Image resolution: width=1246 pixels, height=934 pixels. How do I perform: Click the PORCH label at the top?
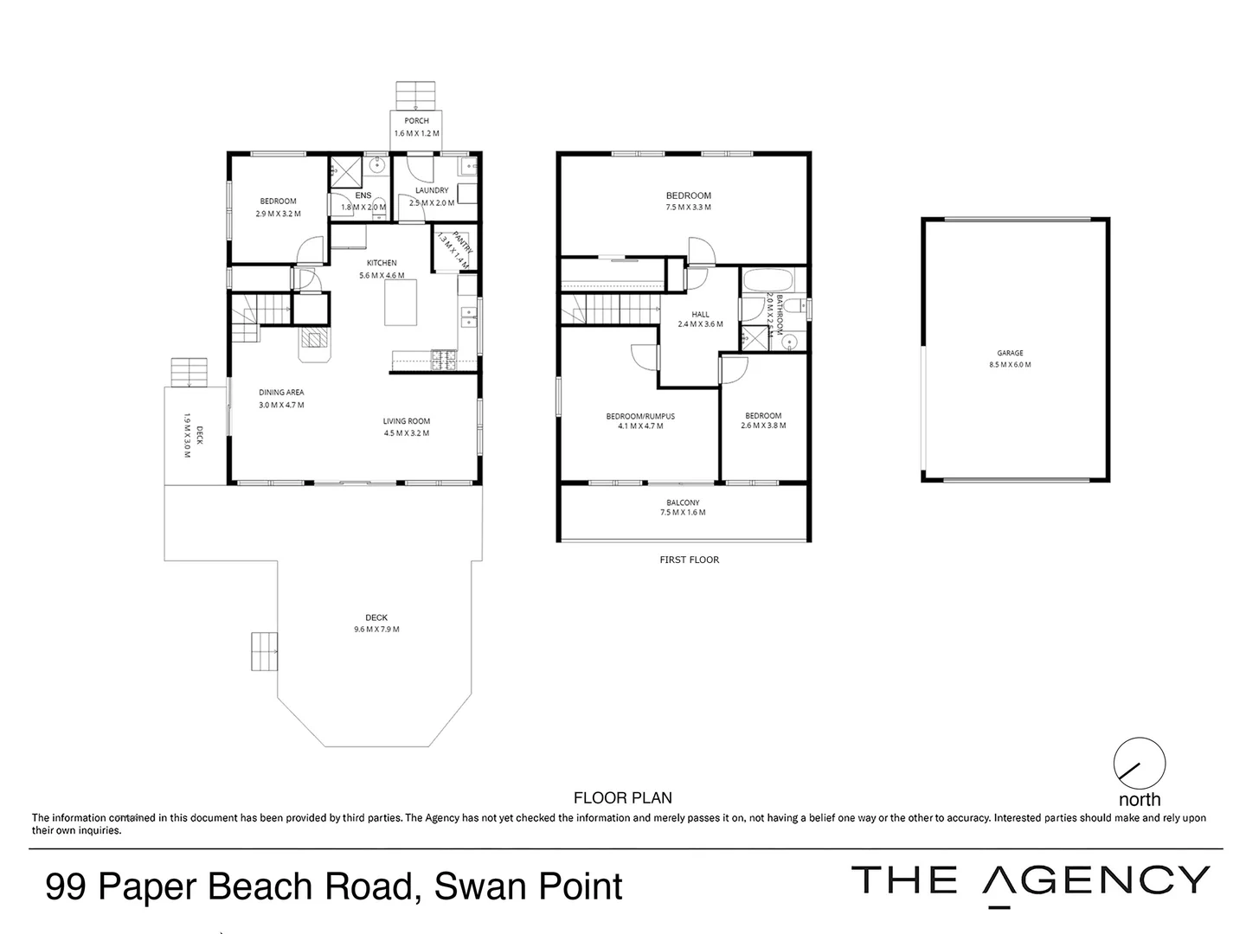point(416,121)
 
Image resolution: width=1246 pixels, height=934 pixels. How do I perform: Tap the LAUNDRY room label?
point(432,190)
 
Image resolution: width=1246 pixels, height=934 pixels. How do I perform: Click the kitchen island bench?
point(400,302)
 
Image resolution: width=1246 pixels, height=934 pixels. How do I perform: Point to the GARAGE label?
point(1010,353)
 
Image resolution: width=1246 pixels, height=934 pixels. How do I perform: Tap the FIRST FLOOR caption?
point(689,560)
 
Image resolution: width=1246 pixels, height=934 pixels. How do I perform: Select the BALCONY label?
point(683,502)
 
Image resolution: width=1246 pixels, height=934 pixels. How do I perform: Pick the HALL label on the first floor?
point(700,315)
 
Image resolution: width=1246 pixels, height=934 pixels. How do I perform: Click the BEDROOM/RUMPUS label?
point(640,416)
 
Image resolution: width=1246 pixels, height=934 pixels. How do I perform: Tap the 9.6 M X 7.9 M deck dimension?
point(376,629)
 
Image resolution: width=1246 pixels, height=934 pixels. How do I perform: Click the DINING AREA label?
point(281,393)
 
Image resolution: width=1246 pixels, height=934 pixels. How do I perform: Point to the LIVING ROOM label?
point(407,421)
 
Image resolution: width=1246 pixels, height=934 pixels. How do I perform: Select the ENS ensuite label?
point(363,195)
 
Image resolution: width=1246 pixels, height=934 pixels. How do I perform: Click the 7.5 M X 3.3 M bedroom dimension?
point(689,208)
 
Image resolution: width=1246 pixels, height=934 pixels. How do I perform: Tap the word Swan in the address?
point(478,886)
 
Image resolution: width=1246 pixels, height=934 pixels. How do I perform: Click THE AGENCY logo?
point(1030,882)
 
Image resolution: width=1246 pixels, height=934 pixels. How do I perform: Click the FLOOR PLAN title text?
point(623,798)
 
